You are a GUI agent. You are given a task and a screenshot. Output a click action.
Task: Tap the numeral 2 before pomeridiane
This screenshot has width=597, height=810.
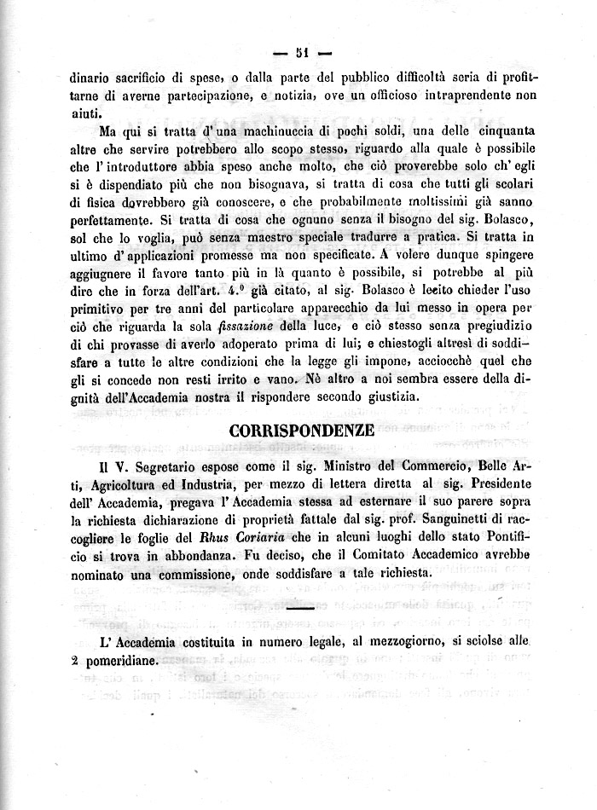click(76, 660)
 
